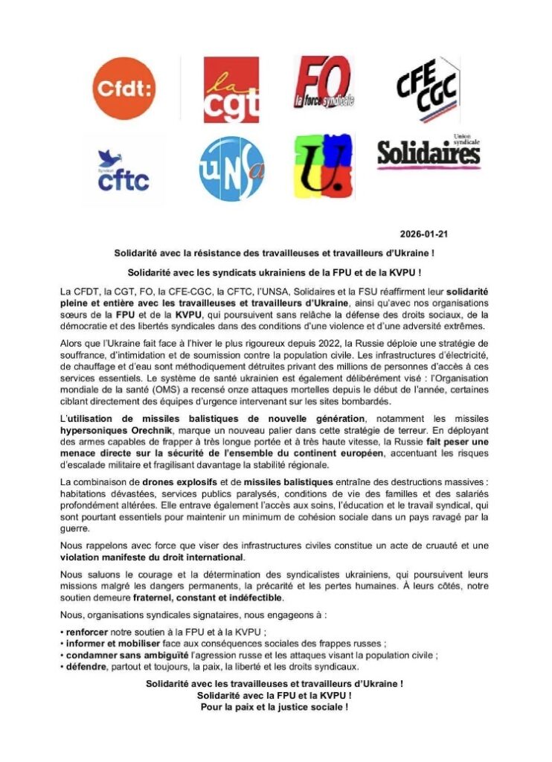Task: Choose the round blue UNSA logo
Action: (231, 169)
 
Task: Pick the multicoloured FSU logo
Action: (323, 168)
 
